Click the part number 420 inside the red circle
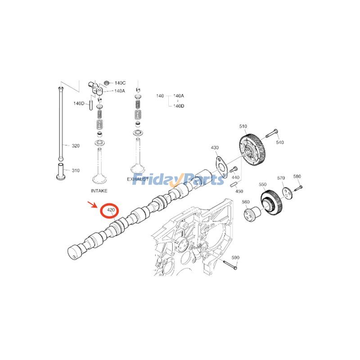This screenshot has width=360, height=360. coord(111,210)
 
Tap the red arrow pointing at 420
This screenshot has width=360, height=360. coord(93,204)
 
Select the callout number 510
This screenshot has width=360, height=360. coord(243,126)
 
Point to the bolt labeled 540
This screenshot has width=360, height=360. coord(272,133)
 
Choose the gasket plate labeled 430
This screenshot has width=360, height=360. coord(221,166)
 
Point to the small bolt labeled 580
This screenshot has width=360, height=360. coord(298,188)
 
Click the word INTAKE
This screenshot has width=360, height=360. coord(99,191)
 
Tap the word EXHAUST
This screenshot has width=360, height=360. coord(138,179)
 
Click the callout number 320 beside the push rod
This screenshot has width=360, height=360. coord(76,146)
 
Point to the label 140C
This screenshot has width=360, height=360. coord(120,83)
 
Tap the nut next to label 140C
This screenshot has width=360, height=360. coord(107,83)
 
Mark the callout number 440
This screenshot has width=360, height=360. coord(235,177)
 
